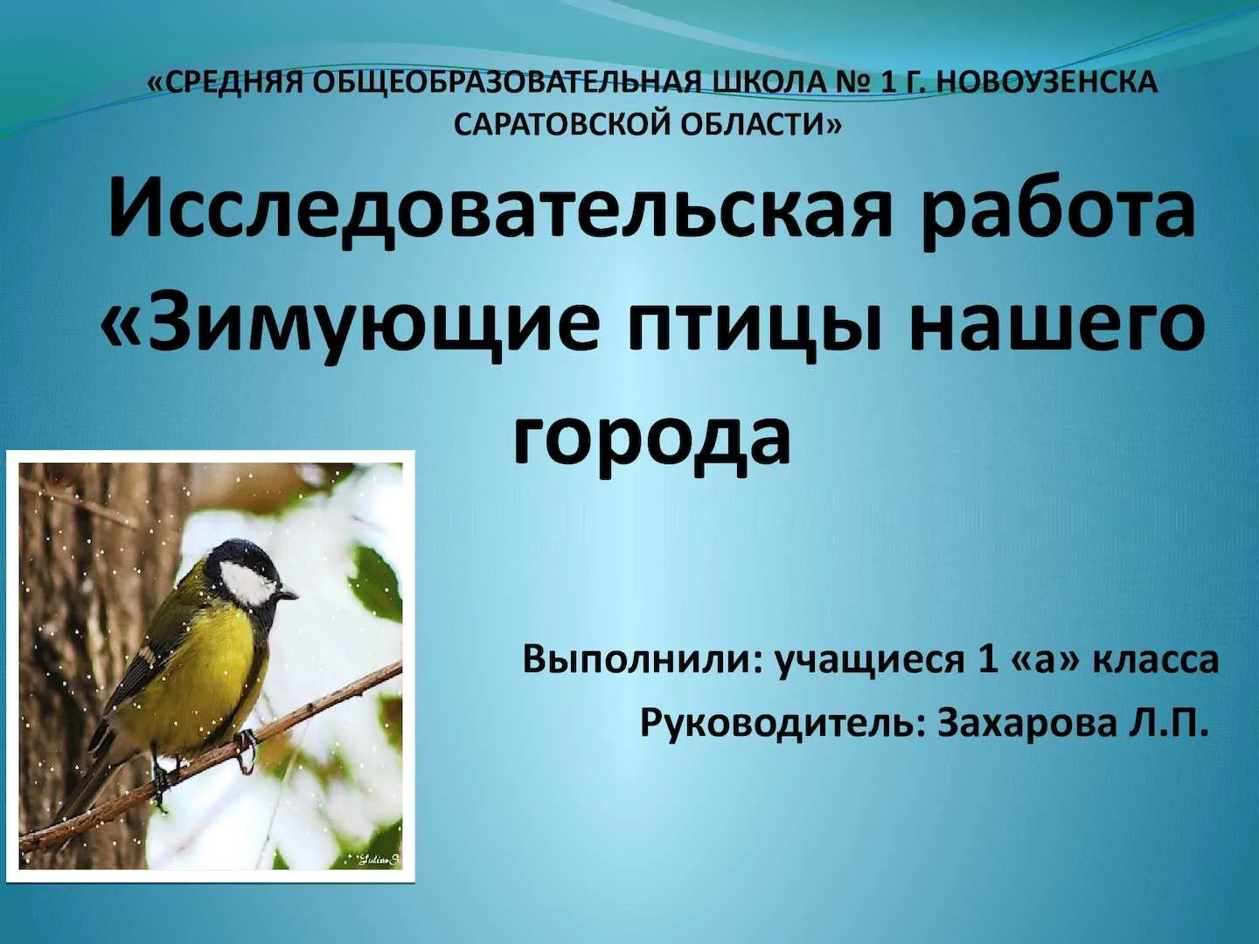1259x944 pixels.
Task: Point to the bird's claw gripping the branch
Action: click(247, 750)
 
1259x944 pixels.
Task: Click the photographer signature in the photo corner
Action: click(376, 860)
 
